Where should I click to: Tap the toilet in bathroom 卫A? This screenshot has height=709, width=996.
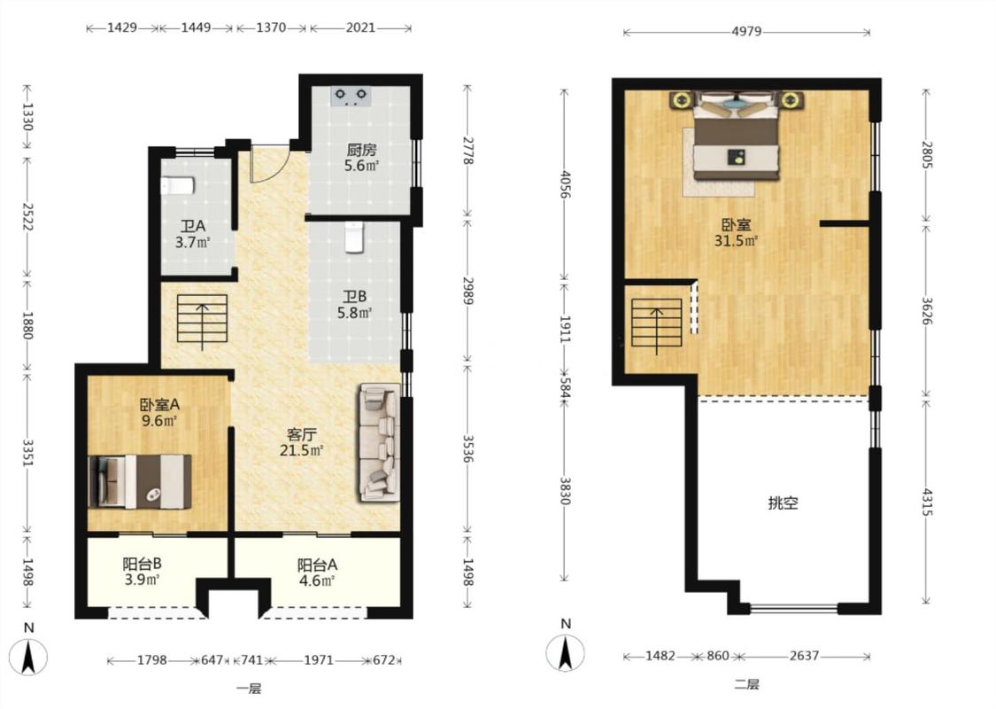(177, 186)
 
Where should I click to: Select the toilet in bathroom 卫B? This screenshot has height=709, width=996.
(354, 238)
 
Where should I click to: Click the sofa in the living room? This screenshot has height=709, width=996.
(379, 442)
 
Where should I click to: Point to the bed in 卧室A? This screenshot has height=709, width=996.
(141, 481)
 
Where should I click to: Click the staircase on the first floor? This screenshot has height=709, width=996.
(202, 318)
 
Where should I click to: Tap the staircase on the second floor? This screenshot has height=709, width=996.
(656, 322)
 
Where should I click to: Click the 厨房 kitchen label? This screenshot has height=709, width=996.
(361, 150)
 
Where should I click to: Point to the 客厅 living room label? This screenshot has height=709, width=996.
(302, 435)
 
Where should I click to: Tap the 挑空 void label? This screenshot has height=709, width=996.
(783, 503)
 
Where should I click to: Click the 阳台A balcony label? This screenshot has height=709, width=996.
(317, 565)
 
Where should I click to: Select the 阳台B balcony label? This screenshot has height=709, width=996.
(142, 564)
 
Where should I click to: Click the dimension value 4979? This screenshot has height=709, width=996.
(746, 32)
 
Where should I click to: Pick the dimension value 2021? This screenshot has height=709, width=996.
(360, 28)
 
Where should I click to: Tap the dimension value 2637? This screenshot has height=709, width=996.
(804, 656)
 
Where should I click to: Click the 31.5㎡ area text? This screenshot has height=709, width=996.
(737, 241)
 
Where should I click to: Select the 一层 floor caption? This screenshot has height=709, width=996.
(249, 689)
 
